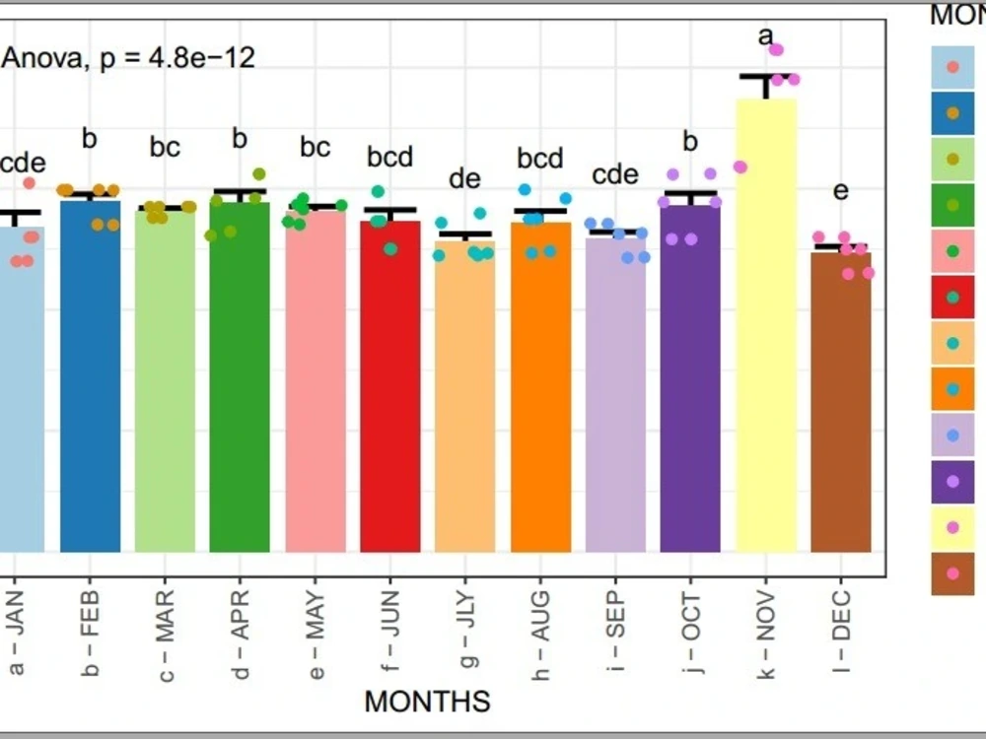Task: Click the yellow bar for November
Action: [x=766, y=325]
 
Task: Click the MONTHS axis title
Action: [x=427, y=702]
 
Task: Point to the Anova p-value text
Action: [x=128, y=58]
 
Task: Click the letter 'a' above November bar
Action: [x=765, y=37]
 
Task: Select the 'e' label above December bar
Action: [x=840, y=191]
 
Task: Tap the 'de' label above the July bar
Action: [x=464, y=178]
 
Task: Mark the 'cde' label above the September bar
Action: [x=615, y=174]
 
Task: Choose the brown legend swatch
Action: [x=952, y=573]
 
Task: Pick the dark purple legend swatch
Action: [x=952, y=481]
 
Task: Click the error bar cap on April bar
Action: [x=240, y=191]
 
